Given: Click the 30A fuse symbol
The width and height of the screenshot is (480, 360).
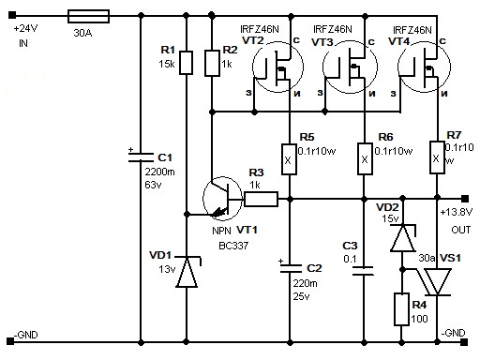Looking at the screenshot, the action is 88,16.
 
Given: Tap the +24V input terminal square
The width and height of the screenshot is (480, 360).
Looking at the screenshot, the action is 12,15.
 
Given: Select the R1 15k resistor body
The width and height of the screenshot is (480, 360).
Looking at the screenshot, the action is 186,63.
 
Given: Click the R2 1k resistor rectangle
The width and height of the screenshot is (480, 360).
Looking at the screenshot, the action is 212,63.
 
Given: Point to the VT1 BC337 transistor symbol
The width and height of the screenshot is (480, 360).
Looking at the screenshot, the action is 222,198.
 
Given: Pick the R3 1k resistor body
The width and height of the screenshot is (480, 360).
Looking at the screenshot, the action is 261,199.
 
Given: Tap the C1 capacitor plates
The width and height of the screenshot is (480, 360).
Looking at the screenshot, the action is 141,157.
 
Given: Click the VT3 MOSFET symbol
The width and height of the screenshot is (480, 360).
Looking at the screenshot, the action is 350,67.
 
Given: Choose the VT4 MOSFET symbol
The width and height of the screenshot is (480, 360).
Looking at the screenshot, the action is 424,67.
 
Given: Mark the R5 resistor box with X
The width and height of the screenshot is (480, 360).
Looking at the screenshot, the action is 289,159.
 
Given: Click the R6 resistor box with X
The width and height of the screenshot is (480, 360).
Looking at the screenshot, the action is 365,158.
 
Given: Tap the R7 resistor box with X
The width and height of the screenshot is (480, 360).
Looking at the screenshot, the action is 437,157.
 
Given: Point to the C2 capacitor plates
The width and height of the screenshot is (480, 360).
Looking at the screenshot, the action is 291,269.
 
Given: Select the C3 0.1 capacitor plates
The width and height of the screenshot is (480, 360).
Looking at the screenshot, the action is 363,271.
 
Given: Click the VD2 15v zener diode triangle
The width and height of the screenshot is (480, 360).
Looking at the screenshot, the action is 403,238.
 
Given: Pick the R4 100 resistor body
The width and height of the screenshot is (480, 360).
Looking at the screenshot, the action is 402,309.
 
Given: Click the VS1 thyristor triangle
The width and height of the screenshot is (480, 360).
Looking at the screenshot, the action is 437,282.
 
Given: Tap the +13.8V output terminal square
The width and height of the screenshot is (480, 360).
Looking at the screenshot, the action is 465,199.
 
